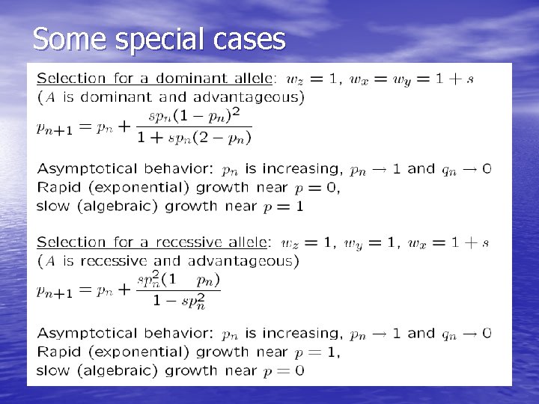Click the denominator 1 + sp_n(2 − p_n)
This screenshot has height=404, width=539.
[194, 138]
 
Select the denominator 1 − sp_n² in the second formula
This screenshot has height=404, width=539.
[179, 302]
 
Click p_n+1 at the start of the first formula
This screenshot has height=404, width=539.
[54, 128]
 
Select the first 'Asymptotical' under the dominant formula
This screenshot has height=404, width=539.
[88, 169]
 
